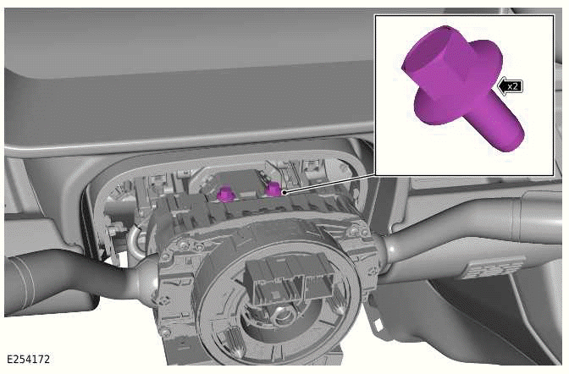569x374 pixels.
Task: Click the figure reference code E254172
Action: coord(28,360)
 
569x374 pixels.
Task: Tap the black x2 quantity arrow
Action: coord(511,86)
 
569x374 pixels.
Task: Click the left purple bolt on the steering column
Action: coord(226,194)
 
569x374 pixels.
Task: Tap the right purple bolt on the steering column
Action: coord(273,189)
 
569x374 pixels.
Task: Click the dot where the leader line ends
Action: coord(284,193)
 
